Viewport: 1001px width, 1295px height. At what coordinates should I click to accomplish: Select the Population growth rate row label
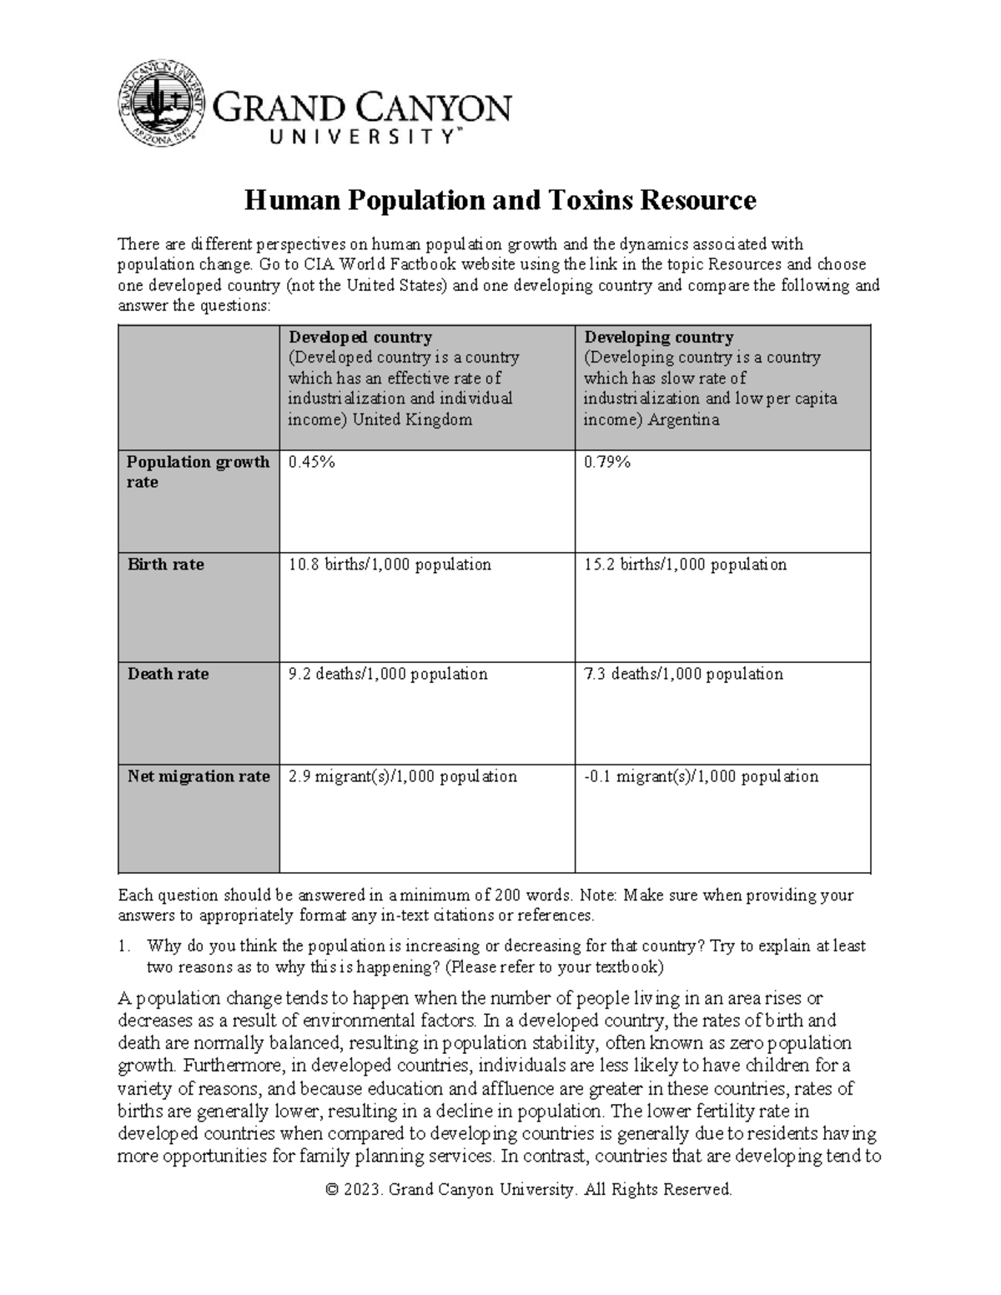click(x=198, y=472)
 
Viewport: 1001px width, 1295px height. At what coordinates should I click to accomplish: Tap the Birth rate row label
click(x=165, y=565)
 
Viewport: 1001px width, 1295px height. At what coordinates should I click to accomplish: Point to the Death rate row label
click(x=168, y=674)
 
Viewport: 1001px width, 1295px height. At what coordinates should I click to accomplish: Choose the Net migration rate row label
click(x=199, y=776)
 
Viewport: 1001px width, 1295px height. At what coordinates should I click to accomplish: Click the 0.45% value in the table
click(x=311, y=462)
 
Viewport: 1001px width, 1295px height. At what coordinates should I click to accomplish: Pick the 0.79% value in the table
click(x=606, y=462)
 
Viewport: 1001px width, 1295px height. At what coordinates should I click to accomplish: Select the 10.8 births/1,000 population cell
click(x=390, y=565)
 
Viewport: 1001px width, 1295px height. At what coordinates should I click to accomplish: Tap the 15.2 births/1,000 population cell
click(x=685, y=565)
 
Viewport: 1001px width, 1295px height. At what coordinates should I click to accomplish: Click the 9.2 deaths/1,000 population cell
click(x=388, y=674)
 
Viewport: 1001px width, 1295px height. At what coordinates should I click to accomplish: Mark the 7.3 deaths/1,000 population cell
click(x=683, y=674)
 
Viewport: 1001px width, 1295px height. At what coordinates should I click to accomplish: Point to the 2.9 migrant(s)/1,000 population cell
click(x=403, y=776)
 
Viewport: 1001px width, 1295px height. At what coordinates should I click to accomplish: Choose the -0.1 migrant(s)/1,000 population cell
click(x=701, y=776)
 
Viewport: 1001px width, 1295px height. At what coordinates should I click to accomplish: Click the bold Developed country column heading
click(x=360, y=338)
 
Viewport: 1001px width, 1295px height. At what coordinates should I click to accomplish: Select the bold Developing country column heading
click(x=658, y=338)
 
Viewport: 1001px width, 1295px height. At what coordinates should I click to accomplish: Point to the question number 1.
click(x=124, y=946)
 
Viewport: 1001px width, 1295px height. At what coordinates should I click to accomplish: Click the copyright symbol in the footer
click(x=335, y=1190)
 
